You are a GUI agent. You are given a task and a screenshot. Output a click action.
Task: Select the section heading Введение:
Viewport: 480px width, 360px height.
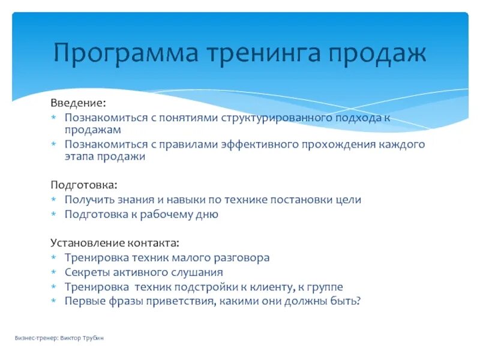pyautogui.click(x=77, y=103)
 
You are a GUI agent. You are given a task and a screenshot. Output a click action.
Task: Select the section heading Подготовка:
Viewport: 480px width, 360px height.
pyautogui.click(x=84, y=185)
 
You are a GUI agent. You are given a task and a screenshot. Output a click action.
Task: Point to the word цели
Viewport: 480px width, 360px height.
pyautogui.click(x=350, y=199)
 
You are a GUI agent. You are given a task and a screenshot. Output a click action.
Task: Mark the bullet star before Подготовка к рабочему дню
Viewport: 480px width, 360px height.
pyautogui.click(x=53, y=214)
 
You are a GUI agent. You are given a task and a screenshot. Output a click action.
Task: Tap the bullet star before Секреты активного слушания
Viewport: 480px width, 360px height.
pyautogui.click(x=53, y=272)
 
